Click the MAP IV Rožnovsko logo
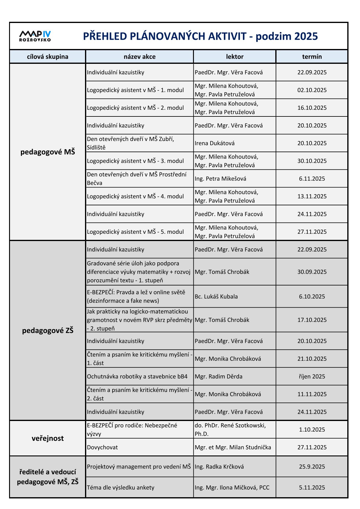click(35, 36)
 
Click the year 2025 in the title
click(306, 36)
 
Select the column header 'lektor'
click(234, 57)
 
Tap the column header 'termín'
click(312, 57)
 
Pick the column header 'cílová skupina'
click(47, 57)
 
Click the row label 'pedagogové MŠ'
click(47, 152)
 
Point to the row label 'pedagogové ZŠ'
click(47, 330)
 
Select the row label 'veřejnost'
click(47, 438)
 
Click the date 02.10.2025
click(312, 90)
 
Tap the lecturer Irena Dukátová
click(214, 143)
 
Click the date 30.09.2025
click(312, 272)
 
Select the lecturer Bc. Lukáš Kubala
click(216, 296)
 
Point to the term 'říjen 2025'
click(312, 376)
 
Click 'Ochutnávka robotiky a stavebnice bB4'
click(137, 376)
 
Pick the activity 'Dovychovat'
click(102, 447)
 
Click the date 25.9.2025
click(312, 466)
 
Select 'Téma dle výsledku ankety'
click(120, 487)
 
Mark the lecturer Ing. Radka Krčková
click(219, 466)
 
